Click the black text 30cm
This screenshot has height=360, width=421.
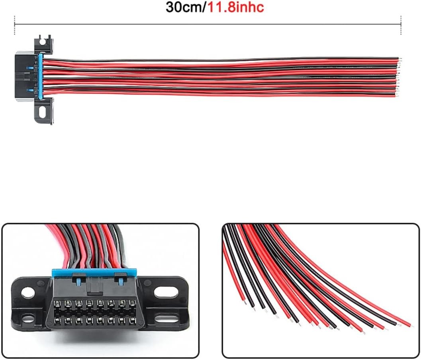(184, 7)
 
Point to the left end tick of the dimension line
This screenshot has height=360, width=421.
(14, 25)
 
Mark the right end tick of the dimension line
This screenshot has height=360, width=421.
(401, 25)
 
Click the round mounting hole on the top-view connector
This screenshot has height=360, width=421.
(42, 41)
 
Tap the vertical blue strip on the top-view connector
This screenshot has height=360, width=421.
(41, 77)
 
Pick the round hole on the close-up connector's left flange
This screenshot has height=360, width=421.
(28, 293)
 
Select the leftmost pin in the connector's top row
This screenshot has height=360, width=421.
(57, 303)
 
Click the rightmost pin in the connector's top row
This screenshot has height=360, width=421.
(132, 303)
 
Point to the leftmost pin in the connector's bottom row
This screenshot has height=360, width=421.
(57, 321)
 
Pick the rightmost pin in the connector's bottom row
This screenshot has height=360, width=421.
(132, 320)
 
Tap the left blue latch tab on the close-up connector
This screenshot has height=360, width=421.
(78, 282)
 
